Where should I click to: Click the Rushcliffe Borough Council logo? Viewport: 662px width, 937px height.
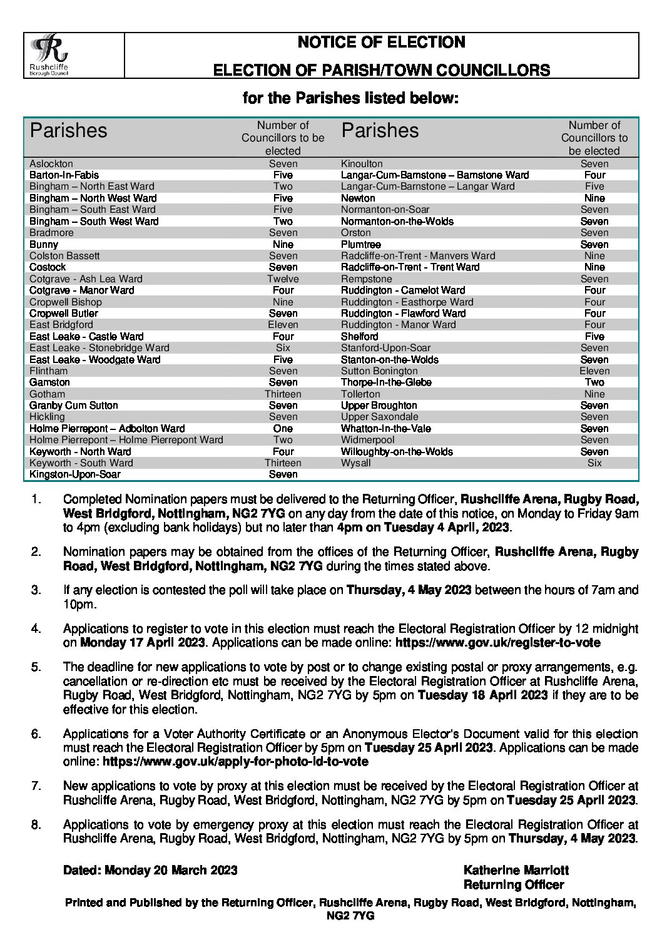coord(50,55)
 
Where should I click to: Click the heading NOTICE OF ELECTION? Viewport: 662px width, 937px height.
coord(381,43)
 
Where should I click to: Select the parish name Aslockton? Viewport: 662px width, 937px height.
coord(51,163)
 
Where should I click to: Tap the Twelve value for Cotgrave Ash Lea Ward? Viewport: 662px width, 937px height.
coord(283,279)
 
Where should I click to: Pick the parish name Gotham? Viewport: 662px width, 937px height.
coord(47,394)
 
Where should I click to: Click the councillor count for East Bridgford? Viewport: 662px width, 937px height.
coord(283,324)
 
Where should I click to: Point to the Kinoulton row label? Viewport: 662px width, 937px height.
coord(362,163)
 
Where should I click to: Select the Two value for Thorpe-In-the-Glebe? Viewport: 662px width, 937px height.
coord(594,382)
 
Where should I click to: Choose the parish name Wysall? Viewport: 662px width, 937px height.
coord(355,463)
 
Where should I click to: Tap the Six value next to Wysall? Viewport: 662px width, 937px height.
coord(594,463)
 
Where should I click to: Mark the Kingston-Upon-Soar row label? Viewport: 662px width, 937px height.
coord(75,474)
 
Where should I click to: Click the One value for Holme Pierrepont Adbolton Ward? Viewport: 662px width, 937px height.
coord(283,428)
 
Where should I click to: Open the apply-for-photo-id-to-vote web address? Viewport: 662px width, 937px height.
coord(235,761)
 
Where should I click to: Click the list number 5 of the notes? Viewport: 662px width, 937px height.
coord(36,667)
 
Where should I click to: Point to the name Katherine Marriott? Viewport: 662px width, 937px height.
coord(516,870)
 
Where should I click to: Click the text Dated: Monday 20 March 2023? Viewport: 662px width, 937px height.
coord(150,870)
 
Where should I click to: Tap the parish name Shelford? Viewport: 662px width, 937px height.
coord(359,336)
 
